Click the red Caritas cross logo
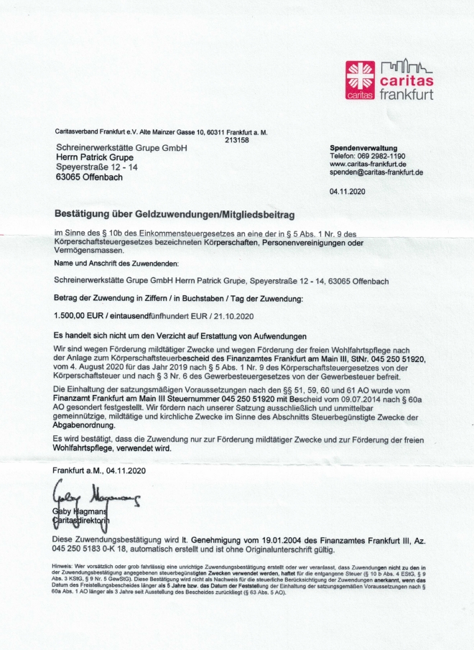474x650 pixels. click(x=360, y=79)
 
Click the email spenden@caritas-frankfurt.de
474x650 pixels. click(x=376, y=172)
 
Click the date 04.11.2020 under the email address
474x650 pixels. click(x=348, y=191)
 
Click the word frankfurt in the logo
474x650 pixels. click(x=406, y=96)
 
